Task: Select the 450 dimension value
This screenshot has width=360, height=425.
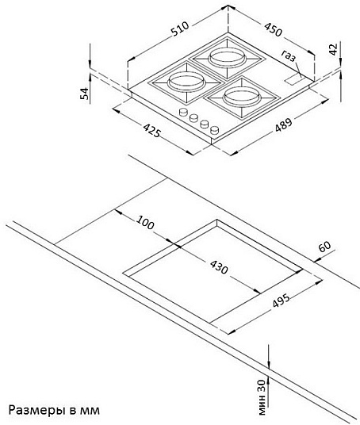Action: pyautogui.click(x=273, y=30)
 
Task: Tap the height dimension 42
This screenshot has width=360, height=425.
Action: pyautogui.click(x=333, y=48)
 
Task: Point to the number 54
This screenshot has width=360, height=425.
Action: pyautogui.click(x=84, y=93)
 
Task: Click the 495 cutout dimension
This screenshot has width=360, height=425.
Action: pyautogui.click(x=280, y=302)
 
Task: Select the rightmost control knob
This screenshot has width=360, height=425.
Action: pyautogui.click(x=213, y=129)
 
